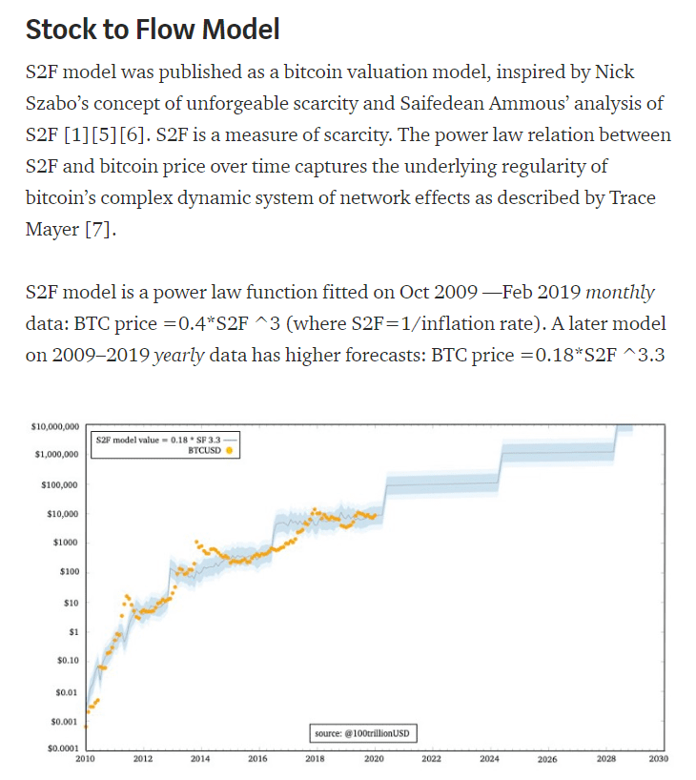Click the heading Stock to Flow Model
tap(153, 29)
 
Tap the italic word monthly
tap(620, 292)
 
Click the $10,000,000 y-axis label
tap(56, 425)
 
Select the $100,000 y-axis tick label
tap(60, 484)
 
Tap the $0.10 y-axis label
tap(67, 660)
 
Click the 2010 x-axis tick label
tap(86, 760)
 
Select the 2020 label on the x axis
tap(374, 760)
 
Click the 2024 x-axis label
tap(488, 760)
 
